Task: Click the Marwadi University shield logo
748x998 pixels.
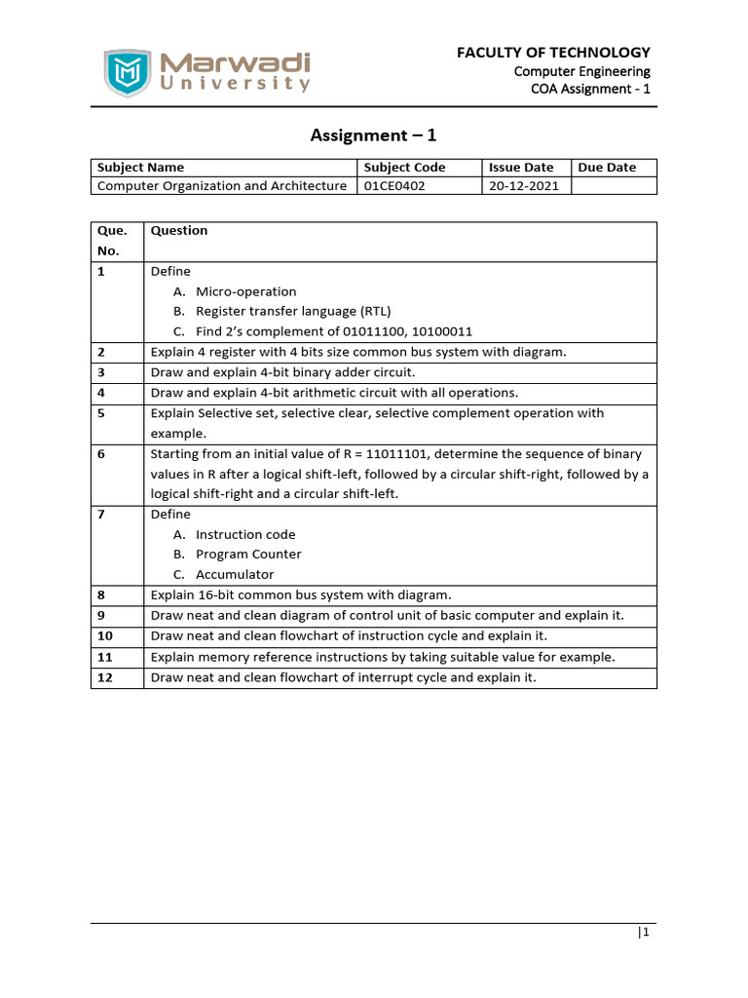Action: (128, 72)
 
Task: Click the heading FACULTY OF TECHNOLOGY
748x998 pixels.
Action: (553, 53)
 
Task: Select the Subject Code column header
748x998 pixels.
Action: (404, 168)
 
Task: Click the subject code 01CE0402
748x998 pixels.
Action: (393, 186)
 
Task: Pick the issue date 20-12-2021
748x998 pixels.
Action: (524, 186)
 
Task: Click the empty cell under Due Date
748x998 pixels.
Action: (613, 186)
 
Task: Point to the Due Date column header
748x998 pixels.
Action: (607, 168)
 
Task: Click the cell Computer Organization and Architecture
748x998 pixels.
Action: (222, 186)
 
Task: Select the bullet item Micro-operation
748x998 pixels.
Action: (245, 291)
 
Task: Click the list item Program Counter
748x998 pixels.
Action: (248, 555)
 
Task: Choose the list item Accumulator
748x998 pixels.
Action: (235, 575)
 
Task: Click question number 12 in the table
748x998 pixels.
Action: (105, 677)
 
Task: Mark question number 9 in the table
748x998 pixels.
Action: (101, 616)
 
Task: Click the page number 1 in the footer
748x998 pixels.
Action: (644, 933)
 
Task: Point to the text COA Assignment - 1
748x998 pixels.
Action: (590, 90)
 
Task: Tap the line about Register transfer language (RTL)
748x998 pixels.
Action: (292, 312)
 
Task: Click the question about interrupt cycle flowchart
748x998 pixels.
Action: (343, 677)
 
